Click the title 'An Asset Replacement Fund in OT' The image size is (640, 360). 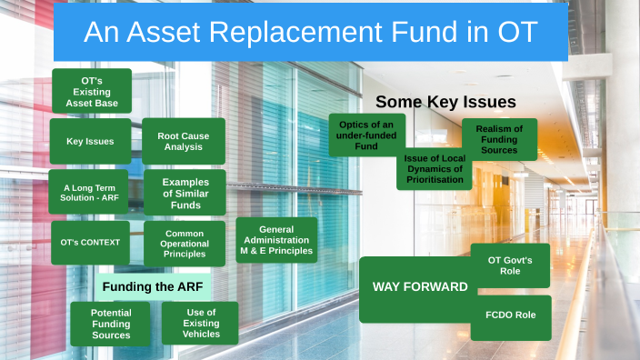(x=310, y=33)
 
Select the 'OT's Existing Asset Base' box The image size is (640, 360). (x=91, y=91)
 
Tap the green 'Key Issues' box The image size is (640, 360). (x=90, y=142)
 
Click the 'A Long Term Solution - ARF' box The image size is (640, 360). (x=90, y=192)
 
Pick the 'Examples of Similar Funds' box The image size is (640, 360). (x=185, y=192)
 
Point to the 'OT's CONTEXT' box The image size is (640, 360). (x=90, y=243)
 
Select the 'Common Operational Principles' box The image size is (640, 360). (x=185, y=244)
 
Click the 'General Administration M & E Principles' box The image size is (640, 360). (x=276, y=240)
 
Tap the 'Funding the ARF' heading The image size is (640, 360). (x=153, y=287)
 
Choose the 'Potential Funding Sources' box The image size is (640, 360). (x=111, y=324)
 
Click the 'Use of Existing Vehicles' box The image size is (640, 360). (x=201, y=324)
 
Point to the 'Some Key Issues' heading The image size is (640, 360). (x=445, y=102)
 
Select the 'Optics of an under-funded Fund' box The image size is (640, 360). (x=366, y=135)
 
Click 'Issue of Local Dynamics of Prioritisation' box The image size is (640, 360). (x=434, y=169)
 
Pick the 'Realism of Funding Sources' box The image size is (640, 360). (x=499, y=140)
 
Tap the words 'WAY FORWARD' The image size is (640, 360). (x=420, y=287)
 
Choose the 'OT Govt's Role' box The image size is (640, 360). (x=510, y=265)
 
